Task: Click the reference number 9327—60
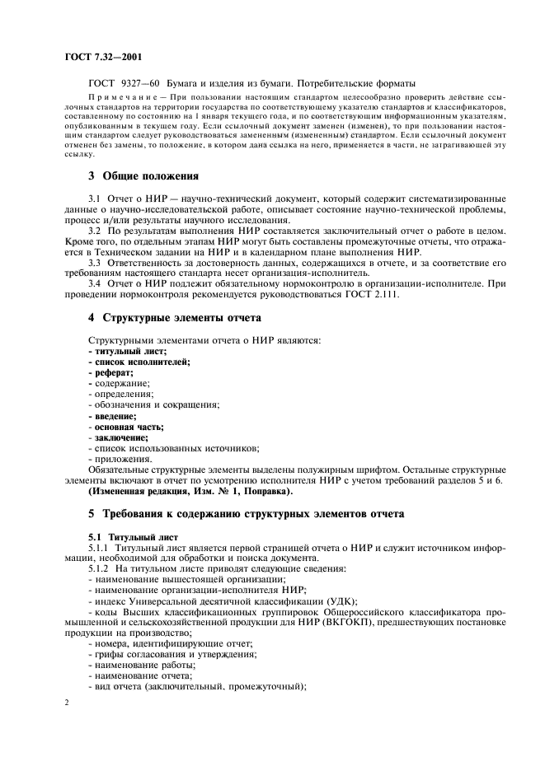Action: coord(145,83)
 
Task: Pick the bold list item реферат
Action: coord(113,373)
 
